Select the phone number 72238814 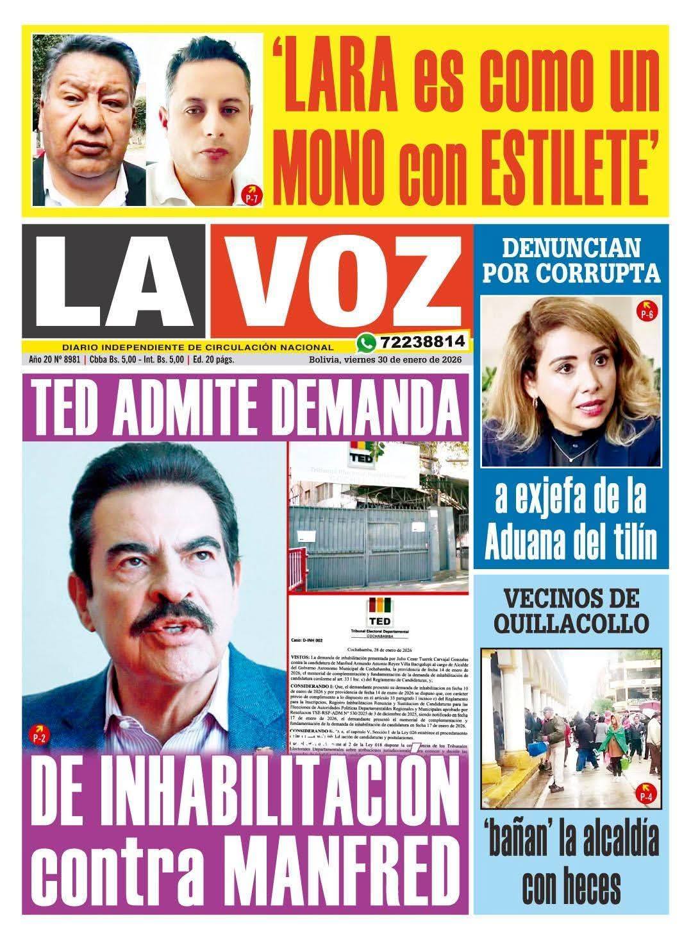[x=422, y=341]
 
